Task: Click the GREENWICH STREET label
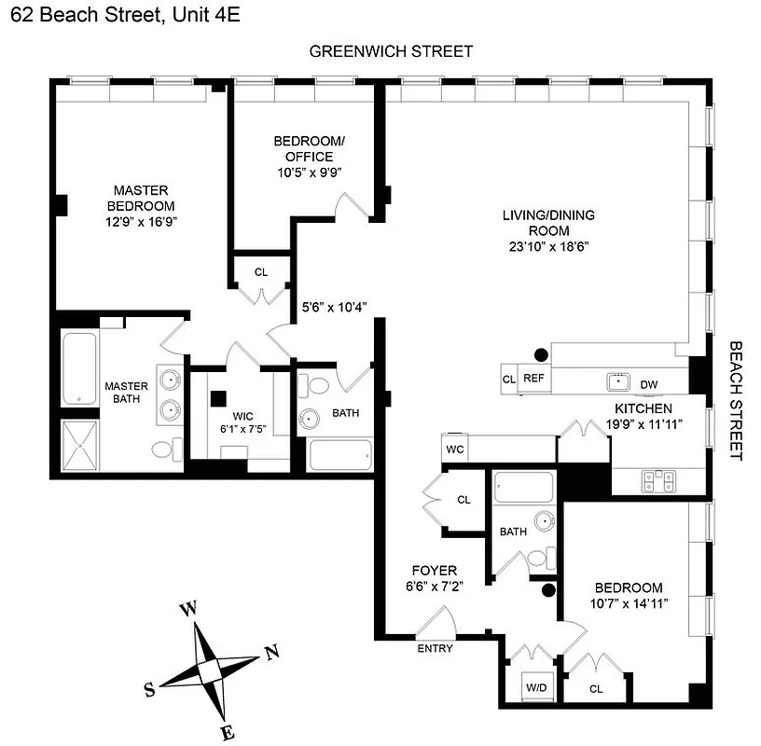392,51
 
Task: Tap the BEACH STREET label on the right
737,400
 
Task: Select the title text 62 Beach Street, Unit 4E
121,15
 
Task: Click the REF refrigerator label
533,379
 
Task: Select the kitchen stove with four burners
658,479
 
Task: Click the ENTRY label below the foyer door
436,648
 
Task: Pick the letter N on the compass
272,653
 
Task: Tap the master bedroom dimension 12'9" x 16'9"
140,221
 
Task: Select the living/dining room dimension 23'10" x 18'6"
548,246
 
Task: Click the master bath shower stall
79,449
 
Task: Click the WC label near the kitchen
455,449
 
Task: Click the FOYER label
435,570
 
